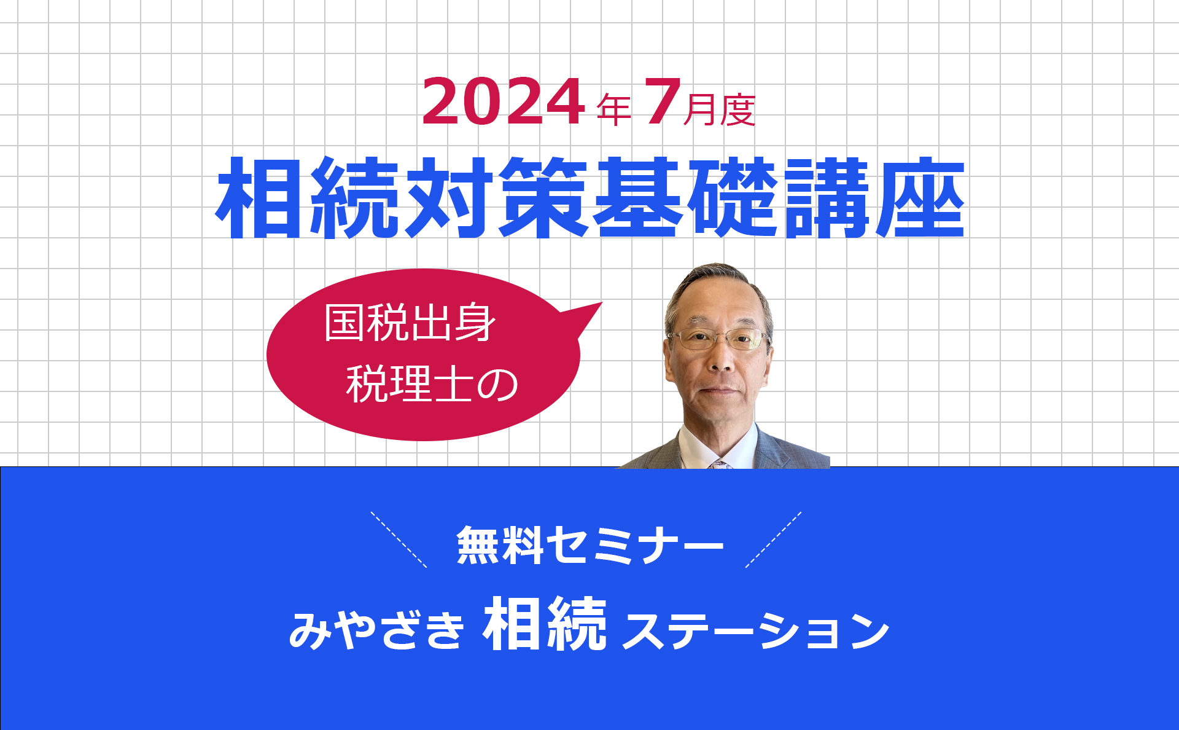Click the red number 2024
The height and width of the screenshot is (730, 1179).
503,102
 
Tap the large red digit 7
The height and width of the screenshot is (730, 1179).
663,102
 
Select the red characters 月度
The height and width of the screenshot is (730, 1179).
719,110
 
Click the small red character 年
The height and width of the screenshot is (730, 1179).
614,110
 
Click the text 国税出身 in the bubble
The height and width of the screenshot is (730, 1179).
410,323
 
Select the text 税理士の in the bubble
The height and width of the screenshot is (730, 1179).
432,384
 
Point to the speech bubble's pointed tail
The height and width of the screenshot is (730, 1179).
601,303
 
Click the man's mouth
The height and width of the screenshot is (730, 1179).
720,390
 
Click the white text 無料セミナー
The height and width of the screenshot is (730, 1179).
590,545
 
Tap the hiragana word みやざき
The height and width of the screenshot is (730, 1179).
376,630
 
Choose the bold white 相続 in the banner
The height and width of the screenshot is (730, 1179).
545,624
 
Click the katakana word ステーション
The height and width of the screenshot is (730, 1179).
756,631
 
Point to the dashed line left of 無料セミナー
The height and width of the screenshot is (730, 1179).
399,540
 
